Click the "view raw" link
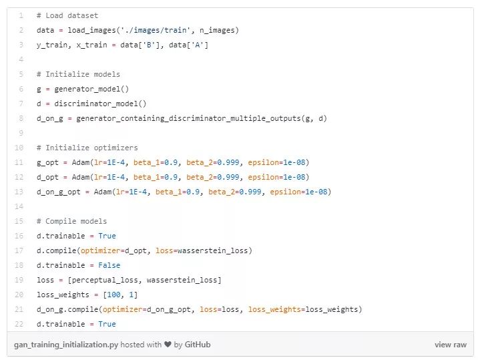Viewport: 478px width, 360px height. [x=450, y=345]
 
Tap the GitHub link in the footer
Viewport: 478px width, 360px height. [x=197, y=345]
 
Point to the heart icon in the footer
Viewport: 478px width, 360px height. [x=166, y=345]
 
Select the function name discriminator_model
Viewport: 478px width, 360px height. [x=102, y=104]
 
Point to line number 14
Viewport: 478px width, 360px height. [x=20, y=206]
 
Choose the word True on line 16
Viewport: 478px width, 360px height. [x=107, y=236]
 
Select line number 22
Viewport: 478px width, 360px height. [x=20, y=324]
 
